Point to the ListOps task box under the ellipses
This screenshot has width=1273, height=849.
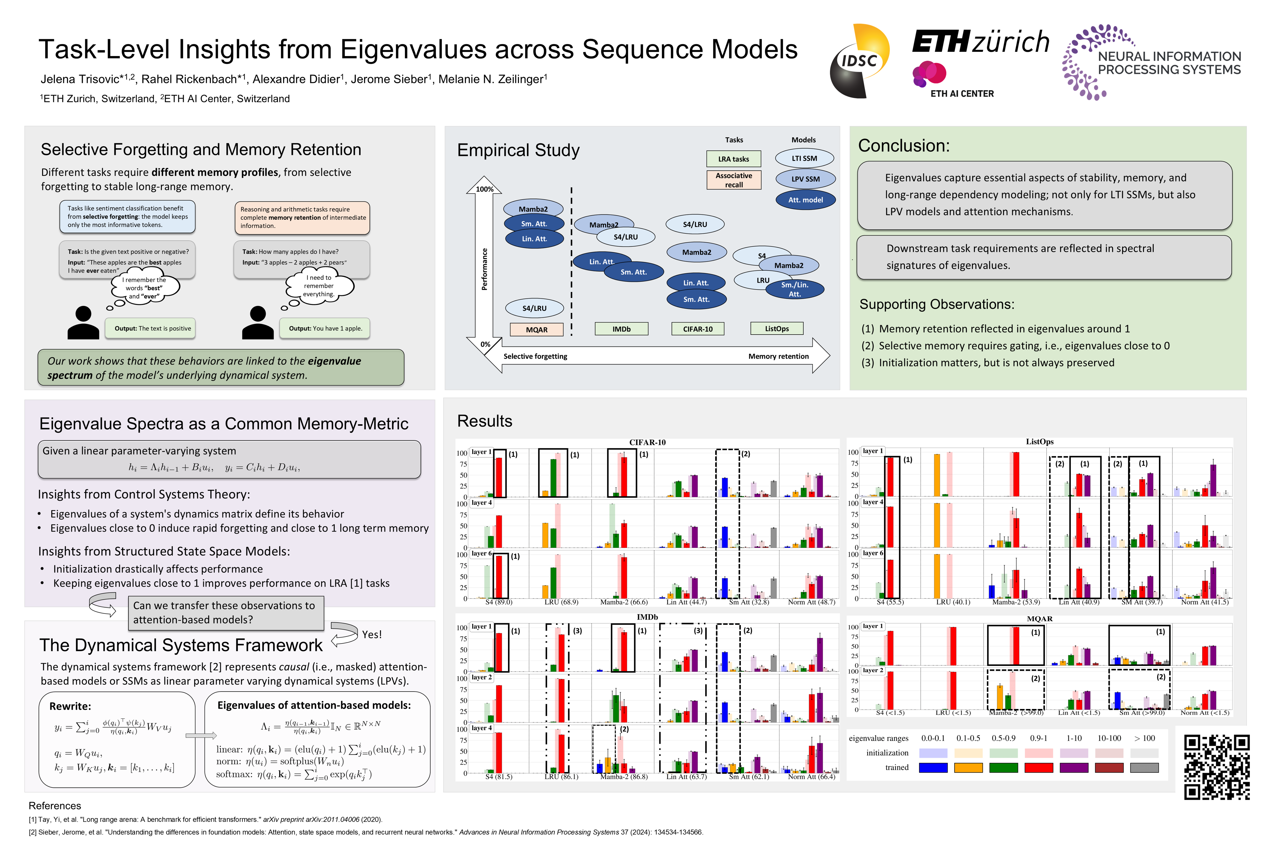pyautogui.click(x=777, y=329)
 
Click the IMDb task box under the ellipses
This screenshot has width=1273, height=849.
pyautogui.click(x=621, y=329)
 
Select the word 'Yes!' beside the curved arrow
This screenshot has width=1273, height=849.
pyautogui.click(x=372, y=635)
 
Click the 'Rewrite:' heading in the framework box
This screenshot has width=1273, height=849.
pyautogui.click(x=70, y=706)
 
